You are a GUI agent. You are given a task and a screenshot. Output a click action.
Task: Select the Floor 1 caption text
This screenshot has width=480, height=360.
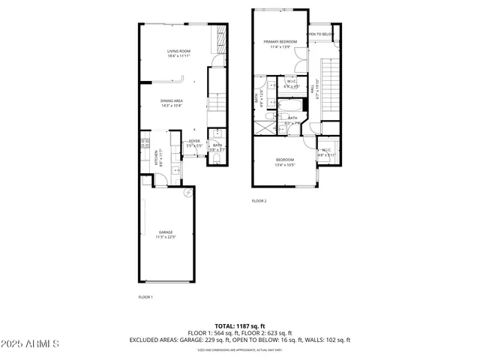click(145, 297)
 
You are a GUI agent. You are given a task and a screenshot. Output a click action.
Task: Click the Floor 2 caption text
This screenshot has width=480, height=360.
click(259, 201)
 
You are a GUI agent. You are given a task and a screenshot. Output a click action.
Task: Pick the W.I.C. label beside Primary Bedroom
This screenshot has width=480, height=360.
click(292, 85)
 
